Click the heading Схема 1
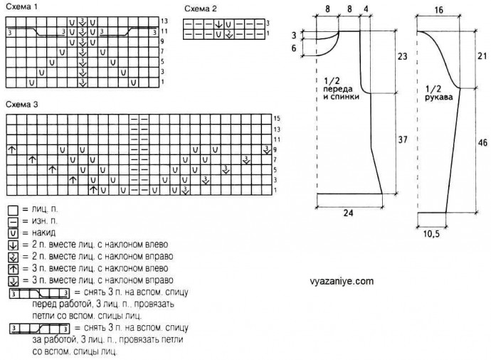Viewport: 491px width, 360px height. coord(21,6)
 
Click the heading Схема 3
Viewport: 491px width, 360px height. coord(21,104)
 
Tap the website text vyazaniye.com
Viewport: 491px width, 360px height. coord(342,281)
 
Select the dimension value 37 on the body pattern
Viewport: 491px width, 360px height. coord(402,142)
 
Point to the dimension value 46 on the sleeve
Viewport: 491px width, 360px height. coord(482,143)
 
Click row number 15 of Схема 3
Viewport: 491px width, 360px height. coord(277,118)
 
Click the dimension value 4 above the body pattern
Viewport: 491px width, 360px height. coord(366,9)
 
